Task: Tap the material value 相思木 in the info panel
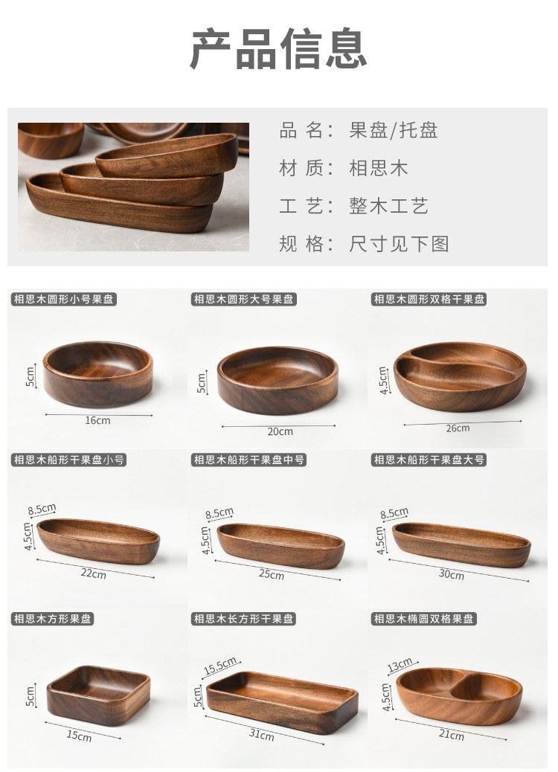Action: [379, 168]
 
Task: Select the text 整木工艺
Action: [388, 206]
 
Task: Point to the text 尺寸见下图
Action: [399, 244]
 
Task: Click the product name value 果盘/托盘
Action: [394, 131]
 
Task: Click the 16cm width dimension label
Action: [97, 420]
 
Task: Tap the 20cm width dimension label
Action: [280, 431]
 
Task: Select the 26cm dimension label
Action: [458, 428]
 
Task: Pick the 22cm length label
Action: [94, 573]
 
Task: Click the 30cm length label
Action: [451, 575]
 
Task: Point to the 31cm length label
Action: [261, 735]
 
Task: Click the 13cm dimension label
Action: [400, 663]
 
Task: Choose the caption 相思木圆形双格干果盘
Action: [429, 300]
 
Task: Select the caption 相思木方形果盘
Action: [53, 619]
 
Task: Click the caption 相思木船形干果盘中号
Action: [248, 460]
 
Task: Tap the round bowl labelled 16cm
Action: [97, 373]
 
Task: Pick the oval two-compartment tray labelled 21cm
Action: [459, 695]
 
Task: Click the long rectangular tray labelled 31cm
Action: [282, 701]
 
